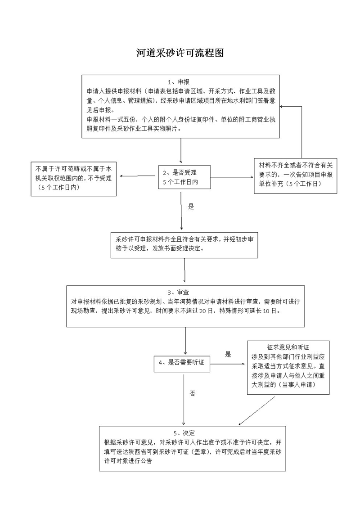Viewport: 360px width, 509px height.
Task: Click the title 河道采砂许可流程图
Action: pyautogui.click(x=180, y=53)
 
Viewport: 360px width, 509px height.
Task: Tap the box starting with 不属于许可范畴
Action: pyautogui.click(x=73, y=179)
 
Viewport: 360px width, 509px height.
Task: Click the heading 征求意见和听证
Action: pyautogui.click(x=288, y=347)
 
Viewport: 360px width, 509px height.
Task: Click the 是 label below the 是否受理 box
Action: pyautogui.click(x=191, y=207)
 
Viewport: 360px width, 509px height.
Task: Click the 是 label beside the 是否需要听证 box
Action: pyautogui.click(x=228, y=354)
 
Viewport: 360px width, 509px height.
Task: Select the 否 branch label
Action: pyautogui.click(x=192, y=393)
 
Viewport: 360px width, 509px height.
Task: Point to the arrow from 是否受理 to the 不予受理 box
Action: pyautogui.click(x=137, y=176)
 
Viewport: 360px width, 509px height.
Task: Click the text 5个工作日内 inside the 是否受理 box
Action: pyautogui.click(x=180, y=182)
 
